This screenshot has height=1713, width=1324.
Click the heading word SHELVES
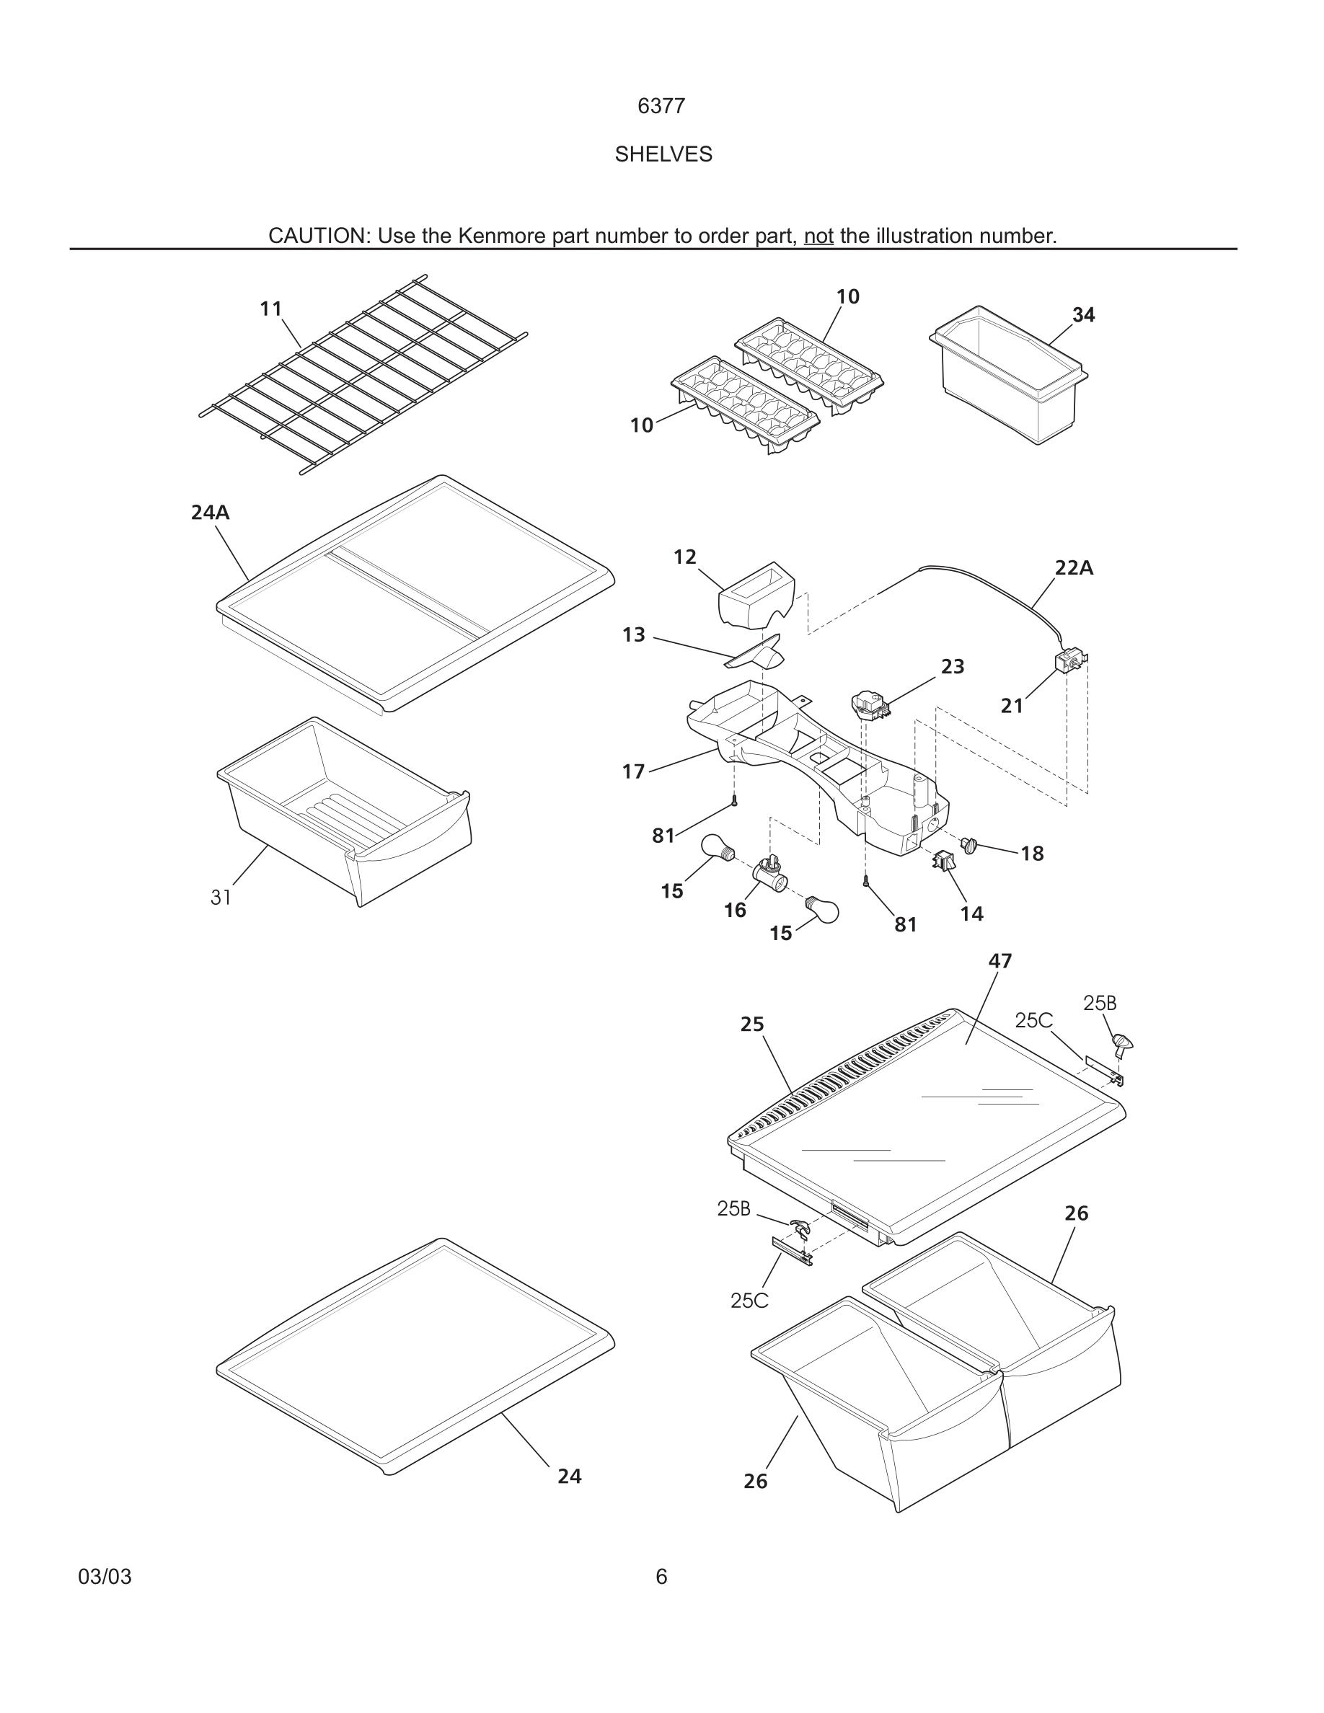tap(663, 154)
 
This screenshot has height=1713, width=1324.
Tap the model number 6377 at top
tap(661, 106)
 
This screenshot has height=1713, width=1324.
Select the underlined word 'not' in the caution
tap(818, 236)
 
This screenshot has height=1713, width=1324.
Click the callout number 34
tap(1083, 315)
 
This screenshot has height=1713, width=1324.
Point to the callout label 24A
tap(210, 513)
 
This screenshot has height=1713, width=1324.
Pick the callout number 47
tap(1000, 961)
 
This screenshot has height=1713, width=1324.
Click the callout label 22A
tap(1073, 569)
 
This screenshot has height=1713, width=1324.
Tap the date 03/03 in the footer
tap(105, 1577)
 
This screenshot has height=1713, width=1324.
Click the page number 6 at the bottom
tap(661, 1577)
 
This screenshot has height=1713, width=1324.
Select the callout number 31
tap(221, 898)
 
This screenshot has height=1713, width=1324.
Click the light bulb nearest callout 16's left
tap(718, 848)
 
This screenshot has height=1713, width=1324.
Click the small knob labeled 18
tap(969, 846)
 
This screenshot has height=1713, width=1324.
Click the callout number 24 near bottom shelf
tap(570, 1477)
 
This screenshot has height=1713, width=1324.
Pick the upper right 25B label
tap(1100, 1003)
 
